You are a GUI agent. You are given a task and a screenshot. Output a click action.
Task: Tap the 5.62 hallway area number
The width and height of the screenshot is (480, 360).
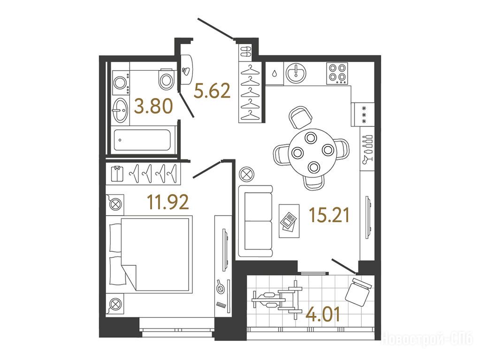[212, 91]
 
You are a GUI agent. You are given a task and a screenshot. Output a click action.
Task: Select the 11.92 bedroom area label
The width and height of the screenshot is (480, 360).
[168, 202]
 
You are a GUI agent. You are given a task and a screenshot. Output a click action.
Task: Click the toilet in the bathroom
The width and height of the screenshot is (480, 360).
[166, 79]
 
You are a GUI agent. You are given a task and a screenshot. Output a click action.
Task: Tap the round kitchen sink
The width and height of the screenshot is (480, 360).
[296, 74]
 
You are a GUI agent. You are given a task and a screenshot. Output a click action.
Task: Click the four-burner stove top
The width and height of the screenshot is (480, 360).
[337, 74]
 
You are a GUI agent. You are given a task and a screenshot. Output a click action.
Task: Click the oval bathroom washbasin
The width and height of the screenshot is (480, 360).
[120, 110]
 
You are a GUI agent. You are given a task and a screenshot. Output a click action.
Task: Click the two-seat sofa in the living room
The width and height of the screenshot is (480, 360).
[256, 221]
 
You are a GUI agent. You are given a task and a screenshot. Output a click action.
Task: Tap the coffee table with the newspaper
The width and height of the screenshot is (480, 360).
[289, 221]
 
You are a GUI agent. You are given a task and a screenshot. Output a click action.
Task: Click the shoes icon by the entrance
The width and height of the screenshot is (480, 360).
[245, 52]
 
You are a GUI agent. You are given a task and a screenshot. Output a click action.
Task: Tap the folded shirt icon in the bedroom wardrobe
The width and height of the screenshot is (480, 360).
[117, 174]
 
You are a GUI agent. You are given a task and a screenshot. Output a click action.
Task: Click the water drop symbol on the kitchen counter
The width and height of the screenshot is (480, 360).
[274, 74]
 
